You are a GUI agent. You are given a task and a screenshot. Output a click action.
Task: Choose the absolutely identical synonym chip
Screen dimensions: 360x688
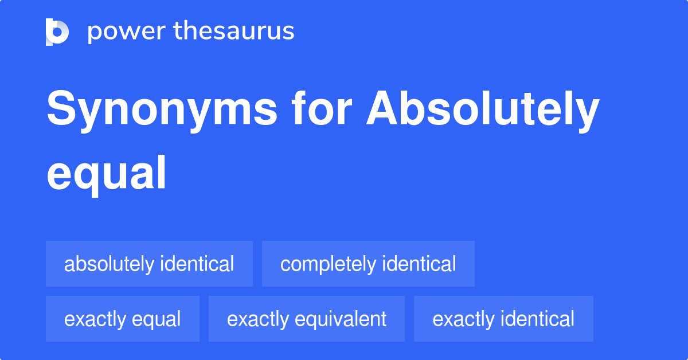[x=149, y=264]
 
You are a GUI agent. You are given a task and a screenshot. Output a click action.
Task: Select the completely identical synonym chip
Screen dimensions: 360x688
[x=368, y=264]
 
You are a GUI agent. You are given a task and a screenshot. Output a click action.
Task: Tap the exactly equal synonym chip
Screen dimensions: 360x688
[x=123, y=319]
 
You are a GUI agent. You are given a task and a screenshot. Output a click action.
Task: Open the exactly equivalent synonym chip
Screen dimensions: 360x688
[x=307, y=319]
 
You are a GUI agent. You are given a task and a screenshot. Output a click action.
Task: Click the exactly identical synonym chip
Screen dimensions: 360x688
[x=503, y=319]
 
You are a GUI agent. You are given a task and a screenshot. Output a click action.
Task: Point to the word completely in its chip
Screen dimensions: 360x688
[x=329, y=264]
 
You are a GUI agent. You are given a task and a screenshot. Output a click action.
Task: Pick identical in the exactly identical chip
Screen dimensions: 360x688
[x=537, y=319]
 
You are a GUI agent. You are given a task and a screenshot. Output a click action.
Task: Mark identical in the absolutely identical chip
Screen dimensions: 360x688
[x=197, y=264]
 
